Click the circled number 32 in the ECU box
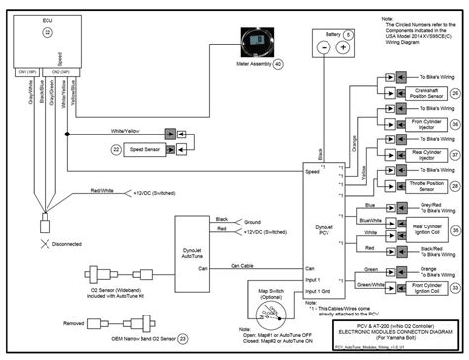tap(47, 33)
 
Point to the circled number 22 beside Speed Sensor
tap(117, 149)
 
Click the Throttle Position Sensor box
tap(404, 186)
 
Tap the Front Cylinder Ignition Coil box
tap(404, 289)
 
